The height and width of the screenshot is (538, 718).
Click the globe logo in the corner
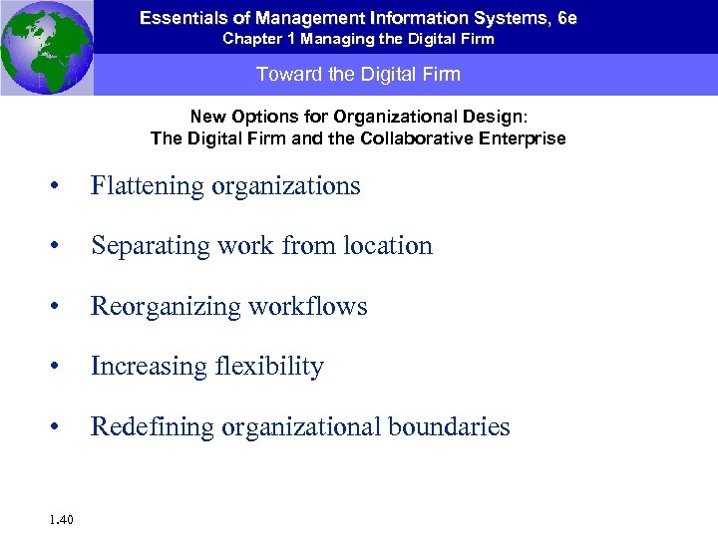click(46, 47)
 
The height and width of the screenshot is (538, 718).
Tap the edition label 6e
click(567, 19)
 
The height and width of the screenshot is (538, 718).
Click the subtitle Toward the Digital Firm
click(358, 75)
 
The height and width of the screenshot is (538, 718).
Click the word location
click(388, 246)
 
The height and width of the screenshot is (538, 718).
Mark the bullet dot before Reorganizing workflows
click(63, 308)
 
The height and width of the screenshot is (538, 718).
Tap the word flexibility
click(269, 367)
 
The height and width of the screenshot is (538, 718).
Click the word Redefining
click(153, 427)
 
